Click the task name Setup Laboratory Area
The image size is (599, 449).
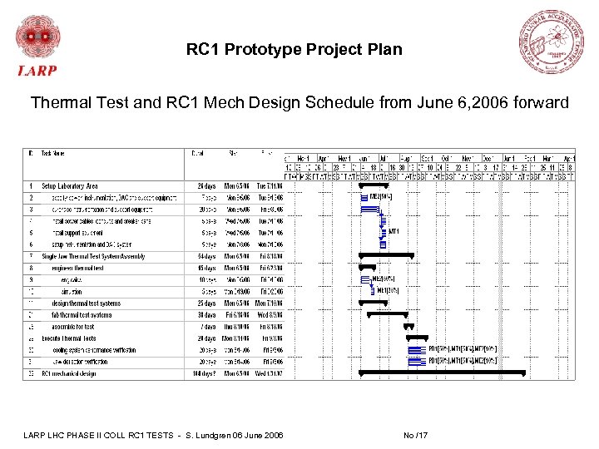coord(70,185)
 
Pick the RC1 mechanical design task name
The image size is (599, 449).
coord(69,374)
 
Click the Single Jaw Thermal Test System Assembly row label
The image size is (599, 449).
coord(93,256)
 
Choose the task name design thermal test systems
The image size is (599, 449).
coord(86,303)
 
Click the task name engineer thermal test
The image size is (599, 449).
coord(77,268)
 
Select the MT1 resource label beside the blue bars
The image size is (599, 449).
coord(394,231)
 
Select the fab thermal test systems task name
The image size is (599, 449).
coord(82,315)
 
